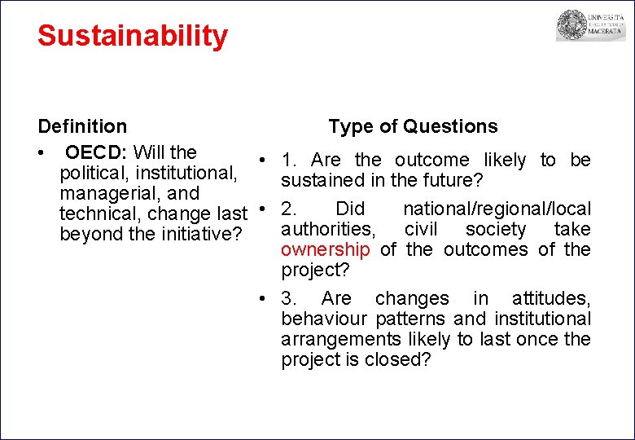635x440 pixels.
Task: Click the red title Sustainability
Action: coord(133,36)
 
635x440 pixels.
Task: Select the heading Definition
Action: coord(82,126)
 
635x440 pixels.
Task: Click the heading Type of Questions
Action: coord(413,126)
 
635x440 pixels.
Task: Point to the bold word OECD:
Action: coord(97,152)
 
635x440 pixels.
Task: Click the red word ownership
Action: coord(325,249)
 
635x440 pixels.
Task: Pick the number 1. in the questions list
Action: coord(290,161)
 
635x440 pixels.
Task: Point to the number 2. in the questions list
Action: coord(290,209)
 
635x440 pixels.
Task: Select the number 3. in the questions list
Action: coord(290,298)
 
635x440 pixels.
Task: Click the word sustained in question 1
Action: coord(322,180)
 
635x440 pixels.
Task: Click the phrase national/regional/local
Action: coord(497,209)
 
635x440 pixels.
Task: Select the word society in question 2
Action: coord(495,229)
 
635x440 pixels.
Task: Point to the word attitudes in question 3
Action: coord(550,298)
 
